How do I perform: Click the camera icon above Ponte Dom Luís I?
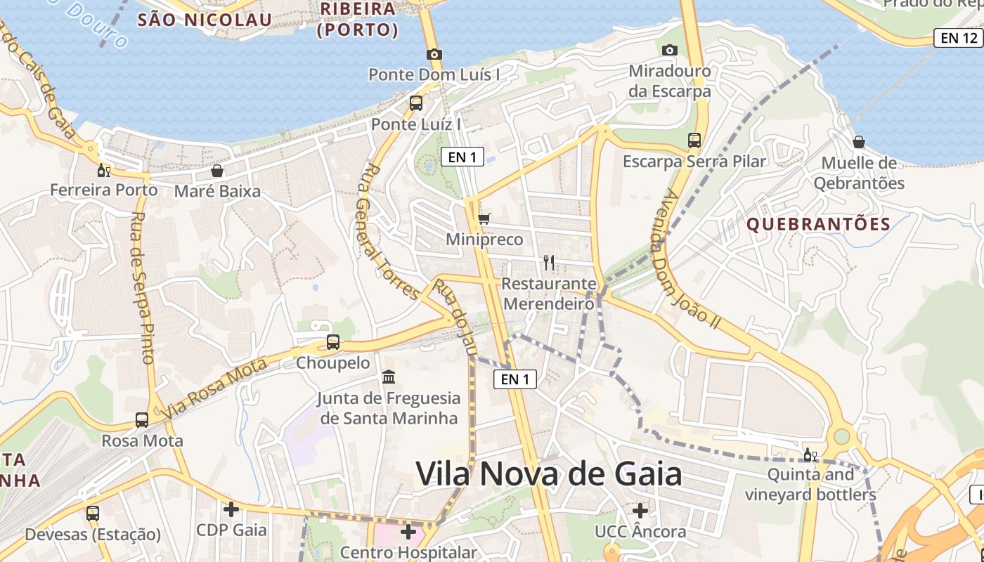[434, 54]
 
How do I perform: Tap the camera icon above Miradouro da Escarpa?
[670, 50]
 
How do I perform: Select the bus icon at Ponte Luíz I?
[416, 103]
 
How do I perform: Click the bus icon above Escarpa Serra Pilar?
[694, 140]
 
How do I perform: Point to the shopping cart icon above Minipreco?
[484, 219]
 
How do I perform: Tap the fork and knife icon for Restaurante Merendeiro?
[549, 263]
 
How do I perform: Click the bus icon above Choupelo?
[333, 343]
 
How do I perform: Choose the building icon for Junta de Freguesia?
[389, 378]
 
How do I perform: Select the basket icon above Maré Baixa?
[217, 171]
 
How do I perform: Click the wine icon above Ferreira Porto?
[103, 170]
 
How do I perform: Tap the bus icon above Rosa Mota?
[142, 420]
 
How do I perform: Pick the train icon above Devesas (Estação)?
[93, 514]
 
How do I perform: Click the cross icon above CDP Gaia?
[231, 509]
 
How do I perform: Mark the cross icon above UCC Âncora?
[640, 511]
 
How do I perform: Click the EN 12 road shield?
[957, 38]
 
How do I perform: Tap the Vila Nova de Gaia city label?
[549, 474]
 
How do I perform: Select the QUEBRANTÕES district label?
[819, 225]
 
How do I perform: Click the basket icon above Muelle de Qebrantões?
[859, 142]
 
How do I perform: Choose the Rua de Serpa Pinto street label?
[143, 287]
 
